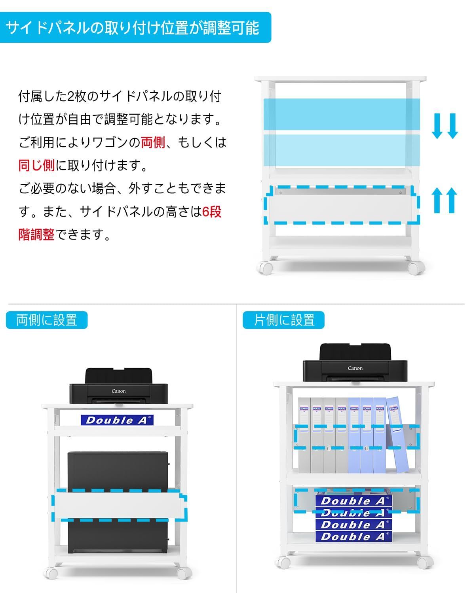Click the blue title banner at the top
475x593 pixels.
coord(135,28)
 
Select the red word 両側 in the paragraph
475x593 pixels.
coord(153,142)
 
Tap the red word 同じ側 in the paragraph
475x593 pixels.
coord(36,165)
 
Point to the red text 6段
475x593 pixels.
coord(211,212)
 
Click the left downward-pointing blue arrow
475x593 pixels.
coord(437,126)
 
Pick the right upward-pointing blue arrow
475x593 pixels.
coord(451,200)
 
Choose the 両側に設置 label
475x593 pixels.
coord(47,320)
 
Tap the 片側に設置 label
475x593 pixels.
coord(283,320)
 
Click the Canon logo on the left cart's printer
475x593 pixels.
coord(118,391)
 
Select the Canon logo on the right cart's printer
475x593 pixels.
coord(355,368)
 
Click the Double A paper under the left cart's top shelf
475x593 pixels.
coord(117,420)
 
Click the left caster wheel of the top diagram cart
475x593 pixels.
coord(265,268)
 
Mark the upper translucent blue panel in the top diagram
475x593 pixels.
coord(342,113)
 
